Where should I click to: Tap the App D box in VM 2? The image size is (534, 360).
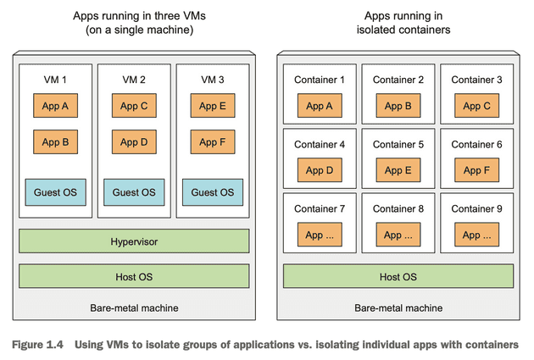134,142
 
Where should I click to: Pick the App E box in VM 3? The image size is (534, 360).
212,106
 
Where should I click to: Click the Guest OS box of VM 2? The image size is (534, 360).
134,192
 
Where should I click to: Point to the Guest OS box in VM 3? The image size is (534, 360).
212,192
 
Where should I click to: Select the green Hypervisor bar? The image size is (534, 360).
134,241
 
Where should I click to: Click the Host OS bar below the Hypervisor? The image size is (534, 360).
134,276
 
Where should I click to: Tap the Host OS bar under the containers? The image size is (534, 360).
398,276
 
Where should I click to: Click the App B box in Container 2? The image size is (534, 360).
398,106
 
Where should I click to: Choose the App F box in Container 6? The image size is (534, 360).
476,169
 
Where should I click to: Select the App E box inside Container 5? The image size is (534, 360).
398,169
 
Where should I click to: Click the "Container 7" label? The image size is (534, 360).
320,208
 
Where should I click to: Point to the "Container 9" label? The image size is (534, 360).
476,208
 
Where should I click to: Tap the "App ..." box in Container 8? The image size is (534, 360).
398,235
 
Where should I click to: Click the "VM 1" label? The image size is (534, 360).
55,80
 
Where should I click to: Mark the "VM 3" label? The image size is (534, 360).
212,80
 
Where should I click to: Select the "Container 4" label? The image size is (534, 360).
320,144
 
